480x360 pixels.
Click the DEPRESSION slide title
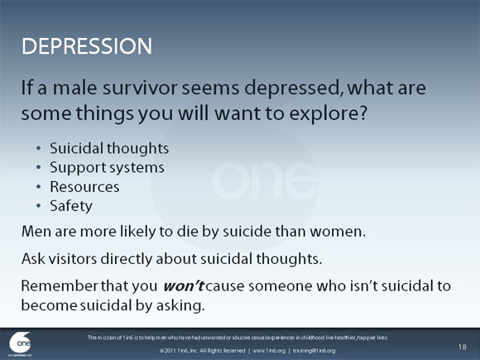[x=86, y=45]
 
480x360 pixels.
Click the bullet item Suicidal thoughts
[x=109, y=149]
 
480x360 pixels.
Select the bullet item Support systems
[x=107, y=168]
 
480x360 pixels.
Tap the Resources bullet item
[x=84, y=187]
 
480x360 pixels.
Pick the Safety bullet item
[x=71, y=206]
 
